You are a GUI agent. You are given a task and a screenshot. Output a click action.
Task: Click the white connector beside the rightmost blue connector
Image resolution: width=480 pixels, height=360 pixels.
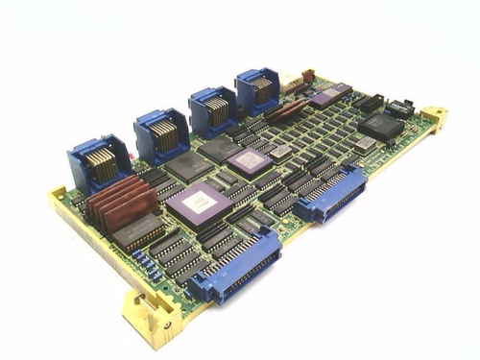click(306, 76)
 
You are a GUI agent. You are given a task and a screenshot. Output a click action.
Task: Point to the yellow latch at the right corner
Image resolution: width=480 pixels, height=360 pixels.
click(434, 120)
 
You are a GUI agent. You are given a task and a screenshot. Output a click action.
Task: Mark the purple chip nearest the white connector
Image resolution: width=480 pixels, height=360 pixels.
click(324, 95)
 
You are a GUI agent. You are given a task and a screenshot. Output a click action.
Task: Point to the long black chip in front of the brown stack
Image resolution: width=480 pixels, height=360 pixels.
click(137, 231)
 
